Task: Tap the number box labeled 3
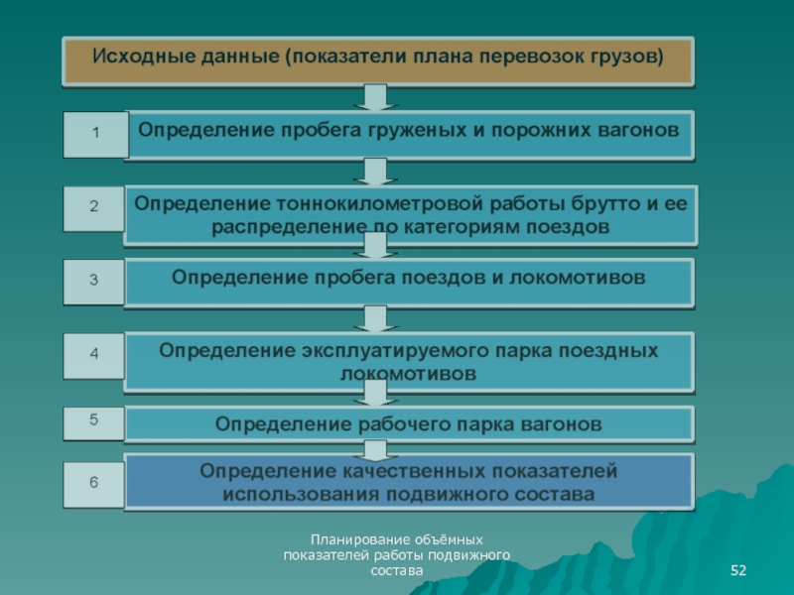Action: [94, 282]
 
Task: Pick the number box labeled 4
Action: [94, 355]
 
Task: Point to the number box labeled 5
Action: [94, 420]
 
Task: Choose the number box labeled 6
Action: [94, 484]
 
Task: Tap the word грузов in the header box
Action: [629, 55]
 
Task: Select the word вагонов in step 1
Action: [640, 130]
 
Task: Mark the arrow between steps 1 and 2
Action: [374, 173]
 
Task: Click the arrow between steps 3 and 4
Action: [374, 318]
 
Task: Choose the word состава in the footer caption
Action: [396, 570]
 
